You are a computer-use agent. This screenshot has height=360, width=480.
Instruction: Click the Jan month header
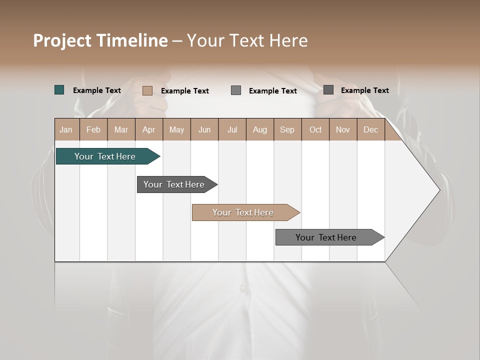66,130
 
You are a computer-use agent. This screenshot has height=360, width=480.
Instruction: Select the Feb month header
93,130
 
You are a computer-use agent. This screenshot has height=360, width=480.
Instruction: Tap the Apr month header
149,130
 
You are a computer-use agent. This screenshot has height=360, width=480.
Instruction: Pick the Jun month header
204,130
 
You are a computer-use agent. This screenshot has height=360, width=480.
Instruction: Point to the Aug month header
260,130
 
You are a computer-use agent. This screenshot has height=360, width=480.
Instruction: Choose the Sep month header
287,130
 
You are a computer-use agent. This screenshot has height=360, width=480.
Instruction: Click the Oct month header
315,130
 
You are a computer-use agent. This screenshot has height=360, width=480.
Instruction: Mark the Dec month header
371,130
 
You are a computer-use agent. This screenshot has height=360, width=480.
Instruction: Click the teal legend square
59,90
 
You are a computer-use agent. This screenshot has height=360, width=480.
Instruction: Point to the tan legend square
147,90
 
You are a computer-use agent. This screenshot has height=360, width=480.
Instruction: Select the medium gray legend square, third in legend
236,90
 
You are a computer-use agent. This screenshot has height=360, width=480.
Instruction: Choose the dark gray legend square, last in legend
328,90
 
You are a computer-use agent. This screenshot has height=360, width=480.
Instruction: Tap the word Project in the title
62,40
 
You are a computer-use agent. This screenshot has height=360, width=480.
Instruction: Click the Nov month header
343,130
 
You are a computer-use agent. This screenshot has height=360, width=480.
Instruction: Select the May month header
176,130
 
